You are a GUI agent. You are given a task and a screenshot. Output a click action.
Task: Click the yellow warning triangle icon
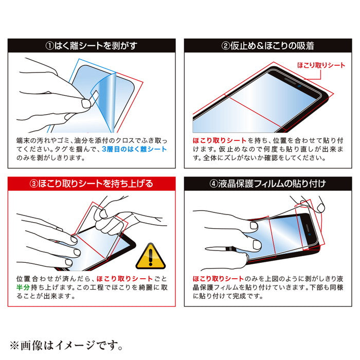(150, 257)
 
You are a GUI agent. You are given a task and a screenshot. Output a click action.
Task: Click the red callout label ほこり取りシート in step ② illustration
(321, 65)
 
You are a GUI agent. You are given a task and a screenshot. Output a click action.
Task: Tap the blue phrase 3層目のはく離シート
(134, 149)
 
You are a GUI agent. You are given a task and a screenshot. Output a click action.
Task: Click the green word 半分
(23, 287)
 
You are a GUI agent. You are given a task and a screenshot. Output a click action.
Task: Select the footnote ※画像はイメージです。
(66, 346)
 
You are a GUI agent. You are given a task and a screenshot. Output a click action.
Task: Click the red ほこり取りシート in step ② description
(220, 140)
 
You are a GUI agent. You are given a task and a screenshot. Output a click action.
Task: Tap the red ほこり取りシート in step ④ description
(218, 279)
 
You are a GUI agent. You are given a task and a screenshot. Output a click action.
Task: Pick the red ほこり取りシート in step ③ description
(124, 279)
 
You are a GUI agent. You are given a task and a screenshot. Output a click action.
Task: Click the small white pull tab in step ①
(94, 97)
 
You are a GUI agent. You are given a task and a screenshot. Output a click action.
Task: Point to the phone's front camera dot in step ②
(300, 86)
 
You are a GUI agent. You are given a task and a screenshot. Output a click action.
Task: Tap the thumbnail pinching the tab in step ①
(86, 103)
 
